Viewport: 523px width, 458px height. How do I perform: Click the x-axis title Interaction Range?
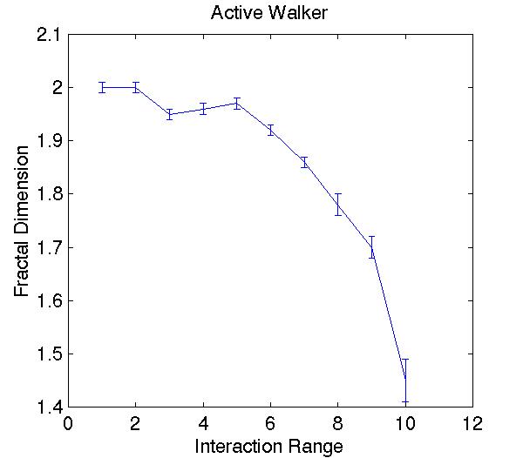[x=268, y=446]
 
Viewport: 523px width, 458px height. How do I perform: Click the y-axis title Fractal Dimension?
[x=23, y=221]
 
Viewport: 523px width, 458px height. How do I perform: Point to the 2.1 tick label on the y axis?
[x=49, y=35]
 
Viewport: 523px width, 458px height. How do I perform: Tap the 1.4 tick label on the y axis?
[x=49, y=407]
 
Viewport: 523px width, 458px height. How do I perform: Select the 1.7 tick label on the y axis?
[x=49, y=247]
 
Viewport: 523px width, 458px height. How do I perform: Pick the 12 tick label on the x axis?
[x=472, y=424]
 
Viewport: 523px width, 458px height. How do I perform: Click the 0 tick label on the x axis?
[x=68, y=424]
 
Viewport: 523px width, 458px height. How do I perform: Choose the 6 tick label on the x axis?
[x=270, y=424]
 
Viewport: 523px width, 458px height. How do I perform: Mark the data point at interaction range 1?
[x=102, y=87]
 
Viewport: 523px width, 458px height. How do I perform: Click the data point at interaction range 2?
[x=135, y=87]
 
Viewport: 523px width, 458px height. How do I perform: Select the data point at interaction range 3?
[x=169, y=114]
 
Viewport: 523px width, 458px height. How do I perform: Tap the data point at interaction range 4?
[x=203, y=109]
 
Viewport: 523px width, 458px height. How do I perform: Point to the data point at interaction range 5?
[x=236, y=103]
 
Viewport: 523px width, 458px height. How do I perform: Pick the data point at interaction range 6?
[x=270, y=130]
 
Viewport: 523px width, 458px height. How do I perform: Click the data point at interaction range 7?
[x=304, y=162]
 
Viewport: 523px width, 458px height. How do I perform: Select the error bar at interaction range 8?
[x=337, y=205]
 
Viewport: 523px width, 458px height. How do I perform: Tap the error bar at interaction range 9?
[x=371, y=247]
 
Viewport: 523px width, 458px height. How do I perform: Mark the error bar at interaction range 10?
[x=405, y=381]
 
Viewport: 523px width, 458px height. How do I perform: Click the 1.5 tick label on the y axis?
[x=49, y=354]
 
